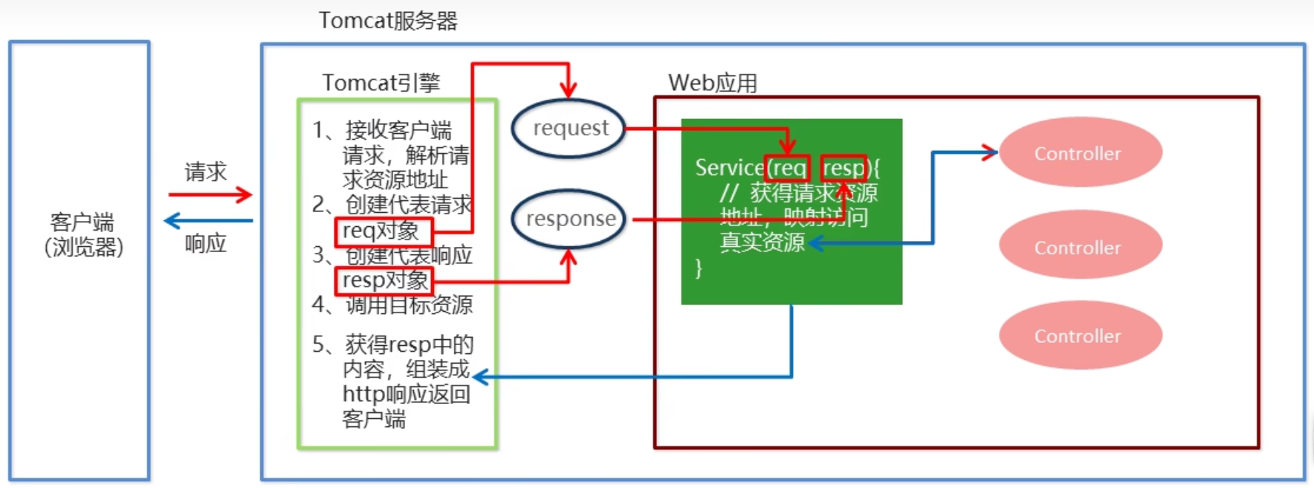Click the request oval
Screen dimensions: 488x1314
569,129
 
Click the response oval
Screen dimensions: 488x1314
570,219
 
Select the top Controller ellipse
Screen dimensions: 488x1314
1080,153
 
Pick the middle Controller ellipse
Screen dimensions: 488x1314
1080,247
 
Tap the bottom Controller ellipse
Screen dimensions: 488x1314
1080,335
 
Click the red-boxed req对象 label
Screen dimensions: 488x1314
383,231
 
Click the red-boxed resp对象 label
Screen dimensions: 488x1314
384,280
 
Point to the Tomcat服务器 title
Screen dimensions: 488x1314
388,21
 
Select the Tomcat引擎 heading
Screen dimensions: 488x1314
381,83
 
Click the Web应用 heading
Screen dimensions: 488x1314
712,83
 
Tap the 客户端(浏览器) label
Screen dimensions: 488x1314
82,234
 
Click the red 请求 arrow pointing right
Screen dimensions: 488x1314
210,195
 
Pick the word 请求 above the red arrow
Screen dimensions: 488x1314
206,172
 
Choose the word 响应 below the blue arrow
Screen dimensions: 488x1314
206,243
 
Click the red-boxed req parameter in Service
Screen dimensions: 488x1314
787,168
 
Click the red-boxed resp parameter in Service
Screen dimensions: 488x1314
844,168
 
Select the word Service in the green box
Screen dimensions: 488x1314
729,168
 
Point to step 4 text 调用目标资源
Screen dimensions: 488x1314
409,305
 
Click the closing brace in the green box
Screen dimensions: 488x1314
698,268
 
